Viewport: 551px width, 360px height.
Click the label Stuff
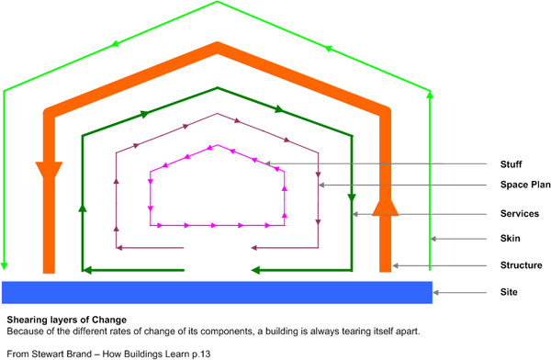[512, 164]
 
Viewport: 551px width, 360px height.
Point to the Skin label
[511, 240]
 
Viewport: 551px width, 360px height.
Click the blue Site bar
[217, 292]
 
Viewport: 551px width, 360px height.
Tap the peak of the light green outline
[217, 2]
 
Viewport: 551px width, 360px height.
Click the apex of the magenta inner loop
[217, 145]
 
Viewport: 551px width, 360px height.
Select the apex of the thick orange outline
[217, 46]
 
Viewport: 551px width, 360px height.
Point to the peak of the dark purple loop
[217, 115]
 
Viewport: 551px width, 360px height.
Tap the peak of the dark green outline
[217, 85]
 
